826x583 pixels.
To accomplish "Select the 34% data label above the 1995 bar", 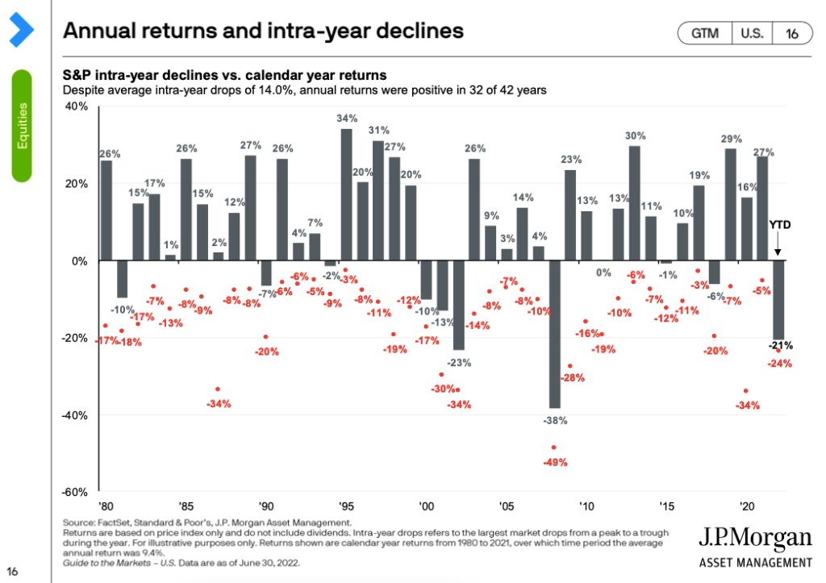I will pyautogui.click(x=347, y=119).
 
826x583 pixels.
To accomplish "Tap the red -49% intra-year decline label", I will pyautogui.click(x=555, y=463).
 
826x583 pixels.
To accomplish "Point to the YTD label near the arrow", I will pyautogui.click(x=778, y=226).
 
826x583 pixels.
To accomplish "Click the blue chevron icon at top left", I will pyautogui.click(x=22, y=30).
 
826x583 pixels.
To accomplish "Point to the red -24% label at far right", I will pyautogui.click(x=780, y=364).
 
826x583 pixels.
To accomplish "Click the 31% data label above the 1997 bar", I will pyautogui.click(x=379, y=130).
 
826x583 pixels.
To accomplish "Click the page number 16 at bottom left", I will pyautogui.click(x=14, y=570).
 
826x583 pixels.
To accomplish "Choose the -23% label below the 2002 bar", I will pyautogui.click(x=459, y=362).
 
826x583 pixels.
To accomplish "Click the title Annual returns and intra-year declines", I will pyautogui.click(x=263, y=31).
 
